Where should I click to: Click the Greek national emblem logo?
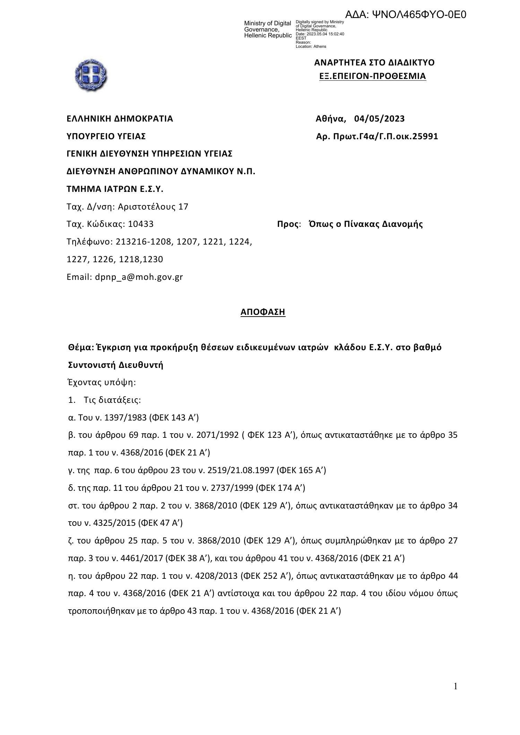coord(91,75)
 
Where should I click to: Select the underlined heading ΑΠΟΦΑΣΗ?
coord(263,312)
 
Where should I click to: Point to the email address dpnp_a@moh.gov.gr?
coord(139,277)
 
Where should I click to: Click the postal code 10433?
coord(141,224)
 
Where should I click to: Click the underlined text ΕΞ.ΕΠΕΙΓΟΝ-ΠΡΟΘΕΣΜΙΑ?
coord(373,76)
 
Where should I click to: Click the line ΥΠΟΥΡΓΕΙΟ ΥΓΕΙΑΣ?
coord(106,136)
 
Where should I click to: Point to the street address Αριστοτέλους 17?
coord(153,207)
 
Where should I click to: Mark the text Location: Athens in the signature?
coord(311,46)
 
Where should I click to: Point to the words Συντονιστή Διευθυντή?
coord(116,365)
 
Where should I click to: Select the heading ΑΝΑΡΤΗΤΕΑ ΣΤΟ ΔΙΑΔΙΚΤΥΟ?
coord(374,63)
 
